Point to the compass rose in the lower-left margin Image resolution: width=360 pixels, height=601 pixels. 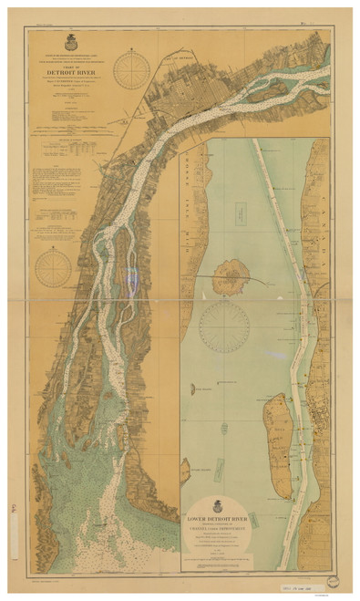[x=54, y=268]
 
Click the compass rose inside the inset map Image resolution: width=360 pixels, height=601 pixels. [x=223, y=326]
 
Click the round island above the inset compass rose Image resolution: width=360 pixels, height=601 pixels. [x=232, y=275]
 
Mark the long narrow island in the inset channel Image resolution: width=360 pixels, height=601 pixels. [x=277, y=447]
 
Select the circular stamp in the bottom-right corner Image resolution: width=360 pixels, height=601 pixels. [x=335, y=582]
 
